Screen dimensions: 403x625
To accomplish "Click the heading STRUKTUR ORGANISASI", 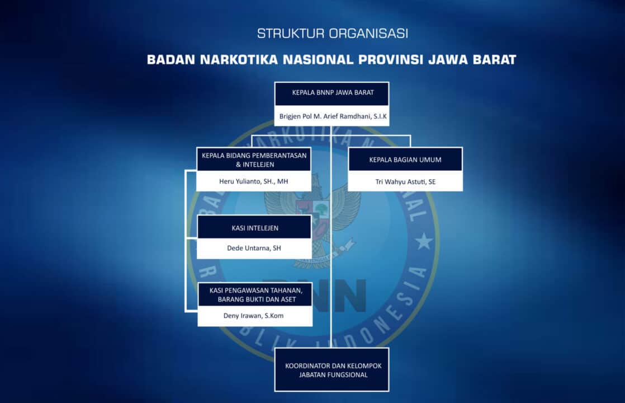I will (x=332, y=34).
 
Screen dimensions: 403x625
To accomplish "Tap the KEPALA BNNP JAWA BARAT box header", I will (x=332, y=93).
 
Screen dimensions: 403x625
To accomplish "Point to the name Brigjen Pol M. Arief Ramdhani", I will (x=332, y=118).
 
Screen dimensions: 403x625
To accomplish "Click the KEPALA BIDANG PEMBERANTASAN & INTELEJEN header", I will (x=254, y=160).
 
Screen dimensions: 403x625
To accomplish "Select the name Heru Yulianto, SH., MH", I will (x=254, y=181).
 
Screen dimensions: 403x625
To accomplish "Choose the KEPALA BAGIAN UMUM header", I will (x=405, y=160).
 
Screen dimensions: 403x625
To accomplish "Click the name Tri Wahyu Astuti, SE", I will (x=405, y=181).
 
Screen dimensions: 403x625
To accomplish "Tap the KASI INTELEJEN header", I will (x=254, y=228).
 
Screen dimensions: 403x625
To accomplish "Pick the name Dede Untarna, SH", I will (x=254, y=249).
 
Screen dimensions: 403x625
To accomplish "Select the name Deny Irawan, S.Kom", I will (x=255, y=316).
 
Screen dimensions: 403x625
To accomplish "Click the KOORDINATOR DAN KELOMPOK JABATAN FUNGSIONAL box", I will (x=332, y=370).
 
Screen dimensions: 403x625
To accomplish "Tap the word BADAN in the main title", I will (x=171, y=59).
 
